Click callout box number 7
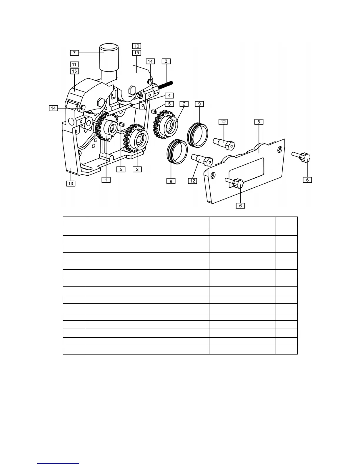[74, 53]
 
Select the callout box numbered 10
[137, 46]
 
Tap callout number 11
[74, 64]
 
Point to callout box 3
[166, 61]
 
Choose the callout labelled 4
[169, 95]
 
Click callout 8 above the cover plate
[259, 122]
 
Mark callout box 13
[71, 183]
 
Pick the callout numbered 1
[106, 179]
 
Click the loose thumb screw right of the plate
[303, 156]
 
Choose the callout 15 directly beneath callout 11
[74, 71]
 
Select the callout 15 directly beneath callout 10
[137, 53]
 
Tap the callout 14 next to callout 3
[150, 61]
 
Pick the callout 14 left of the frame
[53, 108]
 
